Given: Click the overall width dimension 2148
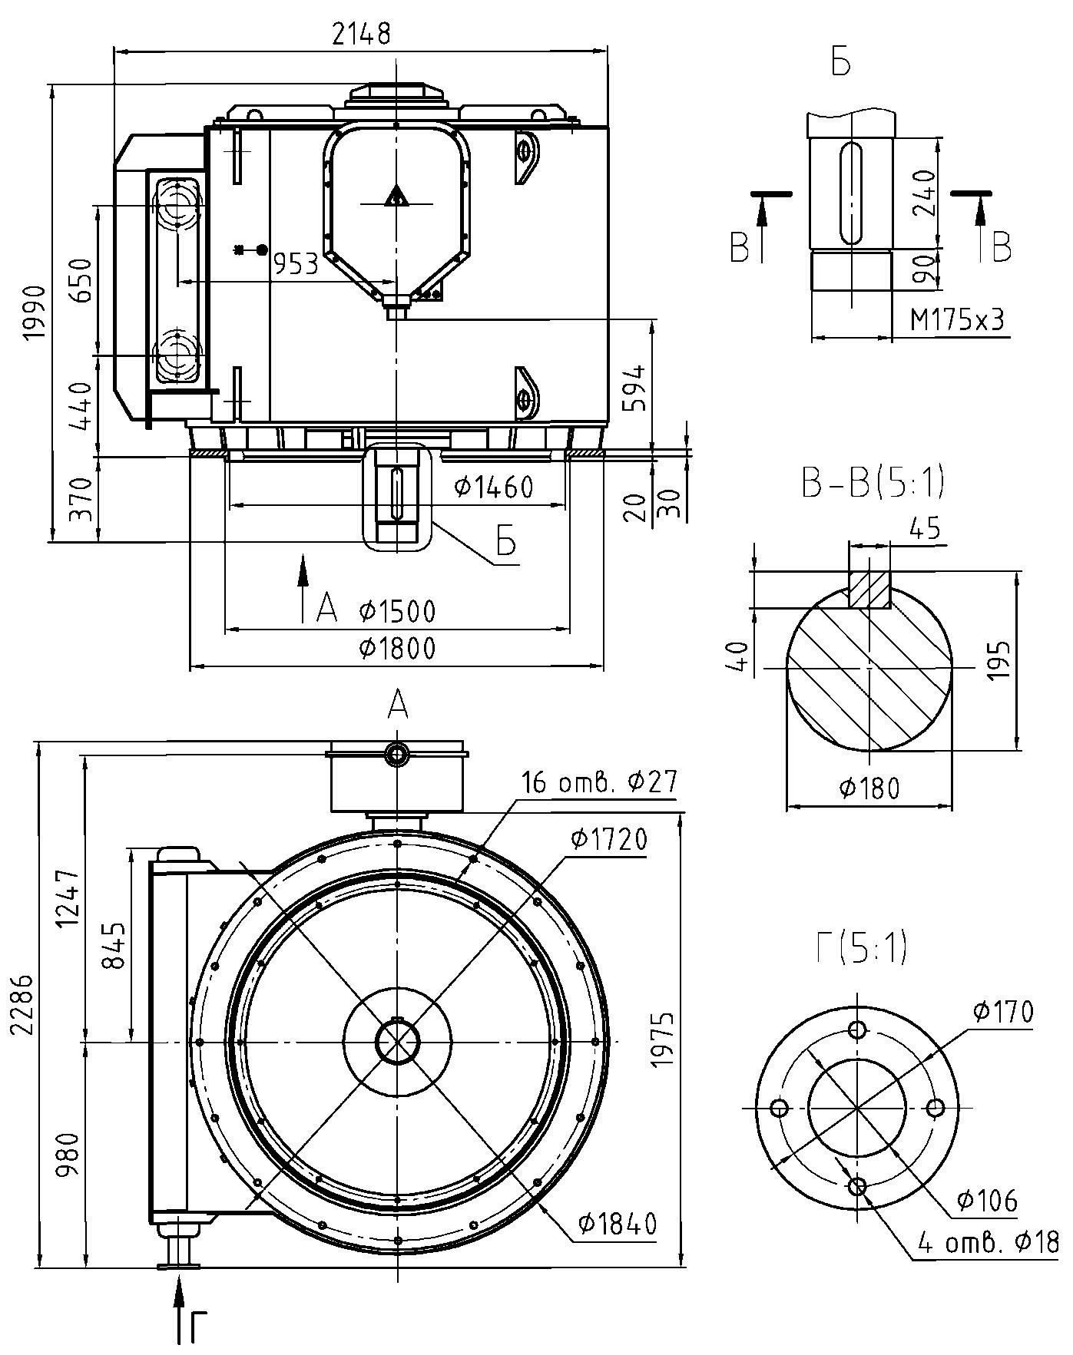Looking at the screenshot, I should (x=361, y=34).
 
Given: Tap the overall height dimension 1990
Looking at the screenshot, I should (x=35, y=312).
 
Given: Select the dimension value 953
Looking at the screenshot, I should (x=296, y=264).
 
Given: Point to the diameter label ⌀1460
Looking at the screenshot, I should (x=492, y=487).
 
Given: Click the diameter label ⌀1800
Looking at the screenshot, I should (x=396, y=649).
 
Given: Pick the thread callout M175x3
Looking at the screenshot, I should (x=957, y=319).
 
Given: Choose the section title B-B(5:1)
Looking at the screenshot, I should (x=872, y=484).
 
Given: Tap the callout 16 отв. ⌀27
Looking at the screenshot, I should (x=599, y=782).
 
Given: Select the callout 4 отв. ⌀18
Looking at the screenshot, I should (x=988, y=1242).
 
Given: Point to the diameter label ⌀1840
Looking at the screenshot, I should (x=618, y=1224).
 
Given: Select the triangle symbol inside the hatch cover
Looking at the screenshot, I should (x=396, y=197).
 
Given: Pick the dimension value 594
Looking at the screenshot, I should (x=634, y=387).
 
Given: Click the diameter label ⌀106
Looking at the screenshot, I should (x=987, y=1200).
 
